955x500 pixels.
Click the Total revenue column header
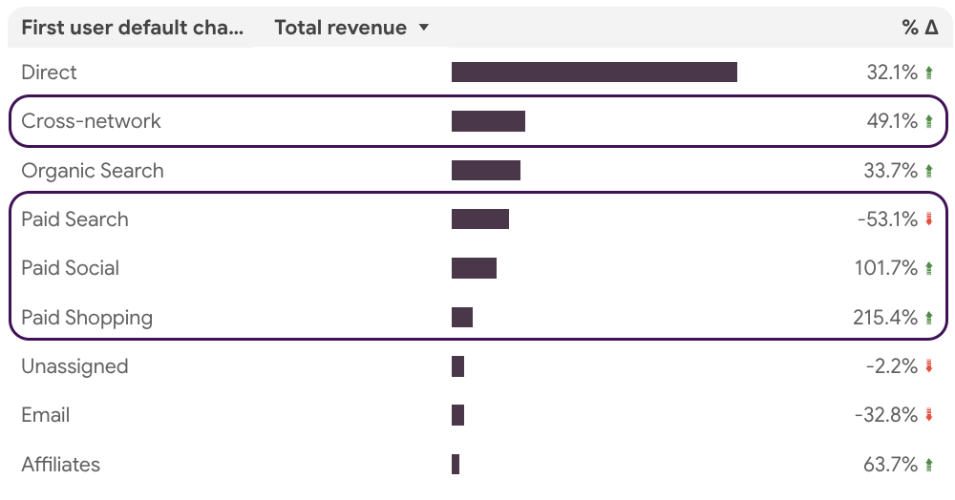click(x=341, y=28)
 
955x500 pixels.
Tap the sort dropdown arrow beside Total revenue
click(x=424, y=28)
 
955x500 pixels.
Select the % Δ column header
click(x=920, y=28)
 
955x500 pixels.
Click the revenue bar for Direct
click(x=594, y=72)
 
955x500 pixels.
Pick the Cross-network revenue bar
click(x=488, y=121)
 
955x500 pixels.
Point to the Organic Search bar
click(x=486, y=170)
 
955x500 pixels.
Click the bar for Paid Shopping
click(x=462, y=318)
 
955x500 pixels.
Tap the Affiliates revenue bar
click(x=456, y=464)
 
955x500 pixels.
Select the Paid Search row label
click(x=74, y=219)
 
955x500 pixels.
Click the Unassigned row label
click(x=74, y=366)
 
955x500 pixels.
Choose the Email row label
click(x=46, y=415)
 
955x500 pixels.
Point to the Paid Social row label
click(x=71, y=268)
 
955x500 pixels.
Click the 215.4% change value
click(x=885, y=318)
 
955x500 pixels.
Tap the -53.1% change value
click(x=887, y=219)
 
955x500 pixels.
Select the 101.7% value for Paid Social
click(x=886, y=268)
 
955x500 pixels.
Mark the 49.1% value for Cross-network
click(x=892, y=121)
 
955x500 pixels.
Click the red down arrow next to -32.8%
click(x=929, y=415)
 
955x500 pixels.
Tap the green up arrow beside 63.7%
click(x=929, y=465)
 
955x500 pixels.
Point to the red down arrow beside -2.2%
click(x=929, y=366)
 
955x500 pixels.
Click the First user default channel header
click(x=132, y=28)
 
